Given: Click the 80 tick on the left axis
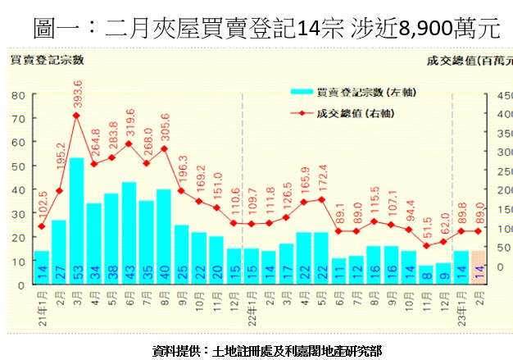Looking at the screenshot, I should click(16, 95).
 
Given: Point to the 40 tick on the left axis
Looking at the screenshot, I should click(16, 189).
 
